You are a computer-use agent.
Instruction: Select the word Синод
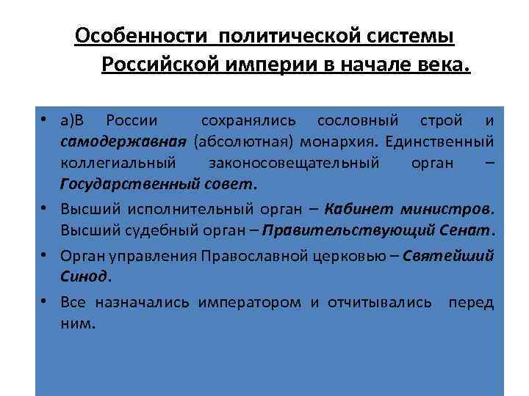click(84, 276)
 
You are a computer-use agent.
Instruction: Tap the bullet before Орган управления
click(46, 255)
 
